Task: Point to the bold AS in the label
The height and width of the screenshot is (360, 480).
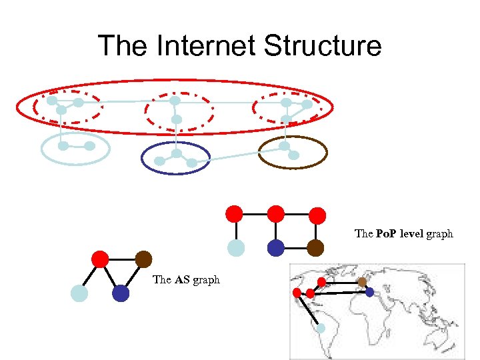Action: click(182, 280)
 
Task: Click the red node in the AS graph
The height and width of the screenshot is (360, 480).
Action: click(100, 259)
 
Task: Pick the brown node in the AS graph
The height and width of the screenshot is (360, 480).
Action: click(143, 259)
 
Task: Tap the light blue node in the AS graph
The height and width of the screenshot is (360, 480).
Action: click(79, 293)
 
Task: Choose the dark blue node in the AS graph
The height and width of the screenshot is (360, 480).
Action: click(121, 293)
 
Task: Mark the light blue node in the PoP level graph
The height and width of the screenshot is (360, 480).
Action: click(235, 248)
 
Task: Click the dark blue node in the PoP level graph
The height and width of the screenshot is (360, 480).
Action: click(275, 248)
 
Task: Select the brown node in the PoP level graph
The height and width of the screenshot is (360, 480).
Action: click(316, 248)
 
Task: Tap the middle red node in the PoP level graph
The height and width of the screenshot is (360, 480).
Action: click(275, 214)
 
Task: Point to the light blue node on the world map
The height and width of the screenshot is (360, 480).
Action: click(321, 329)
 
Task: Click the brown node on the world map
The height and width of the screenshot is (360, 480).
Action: click(362, 282)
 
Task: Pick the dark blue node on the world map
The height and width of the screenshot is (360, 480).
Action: click(370, 292)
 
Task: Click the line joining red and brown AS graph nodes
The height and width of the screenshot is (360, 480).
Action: click(121, 259)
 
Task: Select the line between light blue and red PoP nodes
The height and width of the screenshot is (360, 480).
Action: click(235, 231)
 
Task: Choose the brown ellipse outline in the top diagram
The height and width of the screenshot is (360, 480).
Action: click(326, 152)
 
